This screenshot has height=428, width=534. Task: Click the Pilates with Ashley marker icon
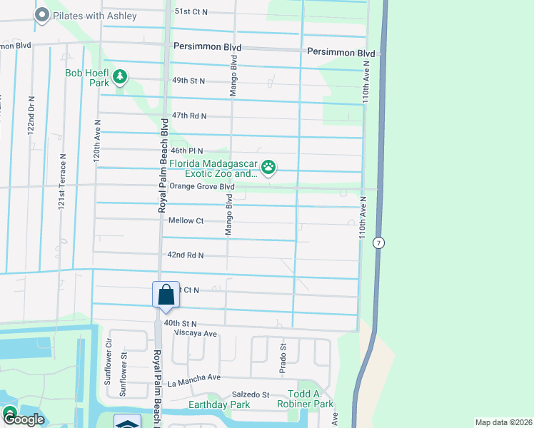coord(42,15)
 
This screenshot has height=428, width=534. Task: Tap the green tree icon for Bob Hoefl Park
coord(121,76)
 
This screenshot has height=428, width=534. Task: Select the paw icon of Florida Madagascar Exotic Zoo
coord(268,168)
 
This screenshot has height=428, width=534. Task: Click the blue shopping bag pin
coord(166,295)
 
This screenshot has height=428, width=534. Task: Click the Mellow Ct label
coord(186,221)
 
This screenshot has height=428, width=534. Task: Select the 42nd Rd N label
coord(186,255)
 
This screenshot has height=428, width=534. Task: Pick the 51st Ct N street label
coord(191,12)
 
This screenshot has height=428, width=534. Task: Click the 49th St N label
coord(188,81)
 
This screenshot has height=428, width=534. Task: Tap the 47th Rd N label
coord(189,116)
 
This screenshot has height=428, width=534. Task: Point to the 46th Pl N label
coord(187,151)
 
